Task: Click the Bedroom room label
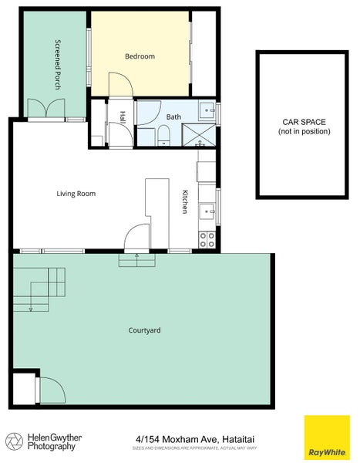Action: (x=140, y=56)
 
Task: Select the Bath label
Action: (x=173, y=117)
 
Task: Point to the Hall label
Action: (x=122, y=117)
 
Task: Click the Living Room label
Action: (x=76, y=194)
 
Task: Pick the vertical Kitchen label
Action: (x=185, y=201)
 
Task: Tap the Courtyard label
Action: (x=144, y=330)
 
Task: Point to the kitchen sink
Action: (x=207, y=210)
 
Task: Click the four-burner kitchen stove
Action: (x=207, y=239)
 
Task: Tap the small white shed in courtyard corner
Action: (x=24, y=388)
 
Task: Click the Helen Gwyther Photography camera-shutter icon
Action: (x=14, y=441)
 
